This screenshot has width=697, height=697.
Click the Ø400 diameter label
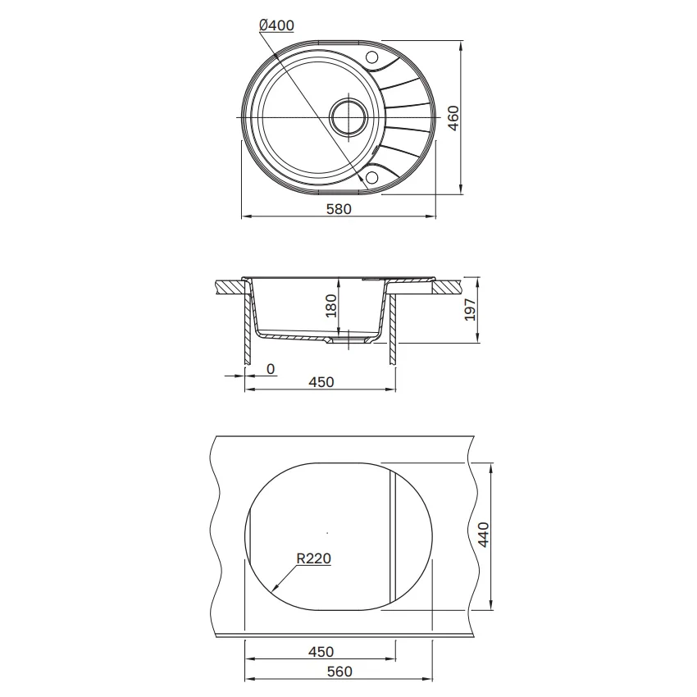276,25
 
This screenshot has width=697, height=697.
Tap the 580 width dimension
339,208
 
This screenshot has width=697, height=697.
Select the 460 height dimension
453,118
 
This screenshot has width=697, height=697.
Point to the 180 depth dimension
331,305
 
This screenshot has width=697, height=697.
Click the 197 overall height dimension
469,309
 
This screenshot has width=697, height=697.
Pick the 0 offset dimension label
271,369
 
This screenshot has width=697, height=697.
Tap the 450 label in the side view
321,382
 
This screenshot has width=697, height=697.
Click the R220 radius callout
314,558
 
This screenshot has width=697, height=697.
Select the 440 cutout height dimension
483,535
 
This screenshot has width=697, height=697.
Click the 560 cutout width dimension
339,672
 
